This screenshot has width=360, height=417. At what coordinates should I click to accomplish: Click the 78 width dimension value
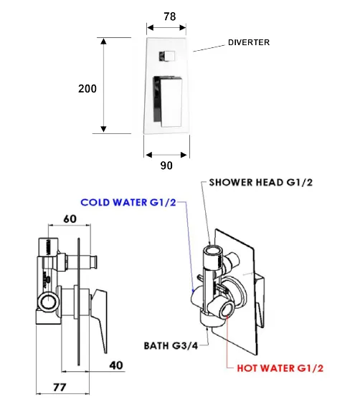click(170, 16)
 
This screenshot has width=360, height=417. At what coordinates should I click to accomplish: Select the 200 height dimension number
click(87, 89)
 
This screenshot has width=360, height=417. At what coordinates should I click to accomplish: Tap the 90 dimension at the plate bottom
click(166, 166)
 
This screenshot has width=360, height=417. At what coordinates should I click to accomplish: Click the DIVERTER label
click(249, 42)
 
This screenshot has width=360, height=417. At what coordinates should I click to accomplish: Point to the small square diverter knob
click(167, 56)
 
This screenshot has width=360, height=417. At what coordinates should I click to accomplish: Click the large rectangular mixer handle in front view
click(168, 101)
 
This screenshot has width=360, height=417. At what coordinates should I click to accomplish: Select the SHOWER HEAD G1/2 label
click(261, 183)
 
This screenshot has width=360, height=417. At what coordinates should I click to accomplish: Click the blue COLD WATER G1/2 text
click(128, 202)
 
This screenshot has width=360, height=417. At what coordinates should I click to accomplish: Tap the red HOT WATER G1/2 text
click(280, 368)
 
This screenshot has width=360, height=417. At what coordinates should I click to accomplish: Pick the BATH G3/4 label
click(171, 346)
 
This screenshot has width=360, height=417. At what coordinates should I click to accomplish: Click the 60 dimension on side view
click(70, 219)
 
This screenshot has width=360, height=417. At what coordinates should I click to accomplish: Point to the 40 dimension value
click(116, 365)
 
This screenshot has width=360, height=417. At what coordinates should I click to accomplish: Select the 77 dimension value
click(60, 387)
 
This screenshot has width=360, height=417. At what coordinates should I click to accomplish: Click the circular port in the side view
click(48, 301)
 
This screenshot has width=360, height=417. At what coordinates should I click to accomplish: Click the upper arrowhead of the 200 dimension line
click(103, 42)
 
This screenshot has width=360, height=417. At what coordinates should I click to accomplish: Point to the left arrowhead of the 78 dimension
click(150, 27)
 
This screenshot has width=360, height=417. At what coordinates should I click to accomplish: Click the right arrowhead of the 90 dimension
click(184, 155)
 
